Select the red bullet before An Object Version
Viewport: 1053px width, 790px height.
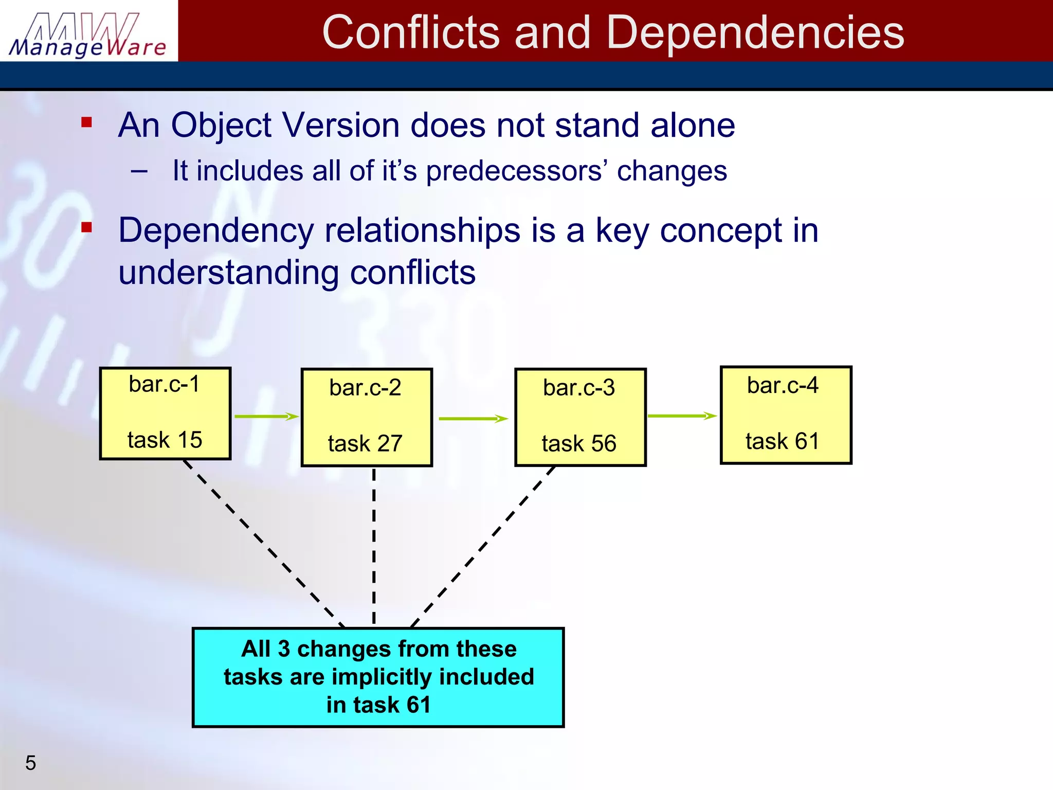86,122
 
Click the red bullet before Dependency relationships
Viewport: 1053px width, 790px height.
86,227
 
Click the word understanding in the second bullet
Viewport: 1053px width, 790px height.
228,273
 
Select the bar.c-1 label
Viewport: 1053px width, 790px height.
164,384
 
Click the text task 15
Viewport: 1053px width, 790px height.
165,440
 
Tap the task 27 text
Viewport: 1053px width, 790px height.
365,443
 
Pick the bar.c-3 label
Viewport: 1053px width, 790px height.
579,388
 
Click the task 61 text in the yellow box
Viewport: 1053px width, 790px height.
782,441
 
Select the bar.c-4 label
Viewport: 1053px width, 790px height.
783,385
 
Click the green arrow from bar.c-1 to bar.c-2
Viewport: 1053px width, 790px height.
266,416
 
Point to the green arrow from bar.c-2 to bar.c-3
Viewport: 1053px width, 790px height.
473,419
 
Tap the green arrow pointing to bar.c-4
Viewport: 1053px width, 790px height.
681,416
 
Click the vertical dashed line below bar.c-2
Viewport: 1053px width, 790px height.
374,545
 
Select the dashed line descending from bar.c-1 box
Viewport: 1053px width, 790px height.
262,543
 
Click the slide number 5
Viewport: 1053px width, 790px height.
31,763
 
